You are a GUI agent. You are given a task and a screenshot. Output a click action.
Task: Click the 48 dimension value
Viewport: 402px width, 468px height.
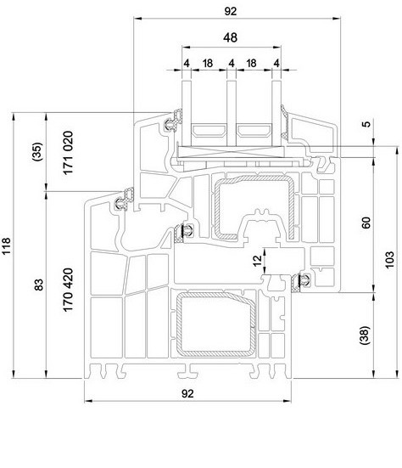230,37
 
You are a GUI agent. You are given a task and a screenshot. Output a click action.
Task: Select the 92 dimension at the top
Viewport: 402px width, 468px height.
231,11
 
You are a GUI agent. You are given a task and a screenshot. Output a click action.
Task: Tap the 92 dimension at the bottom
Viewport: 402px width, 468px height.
187,394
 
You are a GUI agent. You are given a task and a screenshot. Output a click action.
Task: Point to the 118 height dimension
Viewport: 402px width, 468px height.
6,245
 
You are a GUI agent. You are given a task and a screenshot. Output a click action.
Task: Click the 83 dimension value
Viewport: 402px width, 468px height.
39,285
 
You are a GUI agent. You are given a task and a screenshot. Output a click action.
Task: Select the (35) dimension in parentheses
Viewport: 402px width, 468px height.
37,152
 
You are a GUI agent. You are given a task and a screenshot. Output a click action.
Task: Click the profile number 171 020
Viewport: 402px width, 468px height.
68,153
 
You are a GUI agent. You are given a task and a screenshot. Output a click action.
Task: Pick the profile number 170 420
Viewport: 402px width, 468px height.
68,290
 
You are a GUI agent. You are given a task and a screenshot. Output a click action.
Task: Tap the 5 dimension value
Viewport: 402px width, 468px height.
367,123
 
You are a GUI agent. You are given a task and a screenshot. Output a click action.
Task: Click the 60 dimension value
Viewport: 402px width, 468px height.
366,223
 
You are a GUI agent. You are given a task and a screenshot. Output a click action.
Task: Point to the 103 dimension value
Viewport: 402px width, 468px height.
389,260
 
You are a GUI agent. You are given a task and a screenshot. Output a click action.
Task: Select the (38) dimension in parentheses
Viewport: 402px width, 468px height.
365,335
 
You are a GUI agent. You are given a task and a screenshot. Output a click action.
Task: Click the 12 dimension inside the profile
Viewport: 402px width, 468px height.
257,260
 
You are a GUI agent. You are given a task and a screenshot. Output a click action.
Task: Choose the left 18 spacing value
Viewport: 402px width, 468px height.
208,63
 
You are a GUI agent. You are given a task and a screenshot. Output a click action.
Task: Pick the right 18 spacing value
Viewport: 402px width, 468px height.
251,63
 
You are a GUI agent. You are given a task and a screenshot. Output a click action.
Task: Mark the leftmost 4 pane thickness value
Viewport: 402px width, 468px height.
187,63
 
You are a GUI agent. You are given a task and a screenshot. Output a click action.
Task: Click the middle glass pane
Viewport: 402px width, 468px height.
232,114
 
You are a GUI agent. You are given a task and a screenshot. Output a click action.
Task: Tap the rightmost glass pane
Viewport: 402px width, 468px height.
276,114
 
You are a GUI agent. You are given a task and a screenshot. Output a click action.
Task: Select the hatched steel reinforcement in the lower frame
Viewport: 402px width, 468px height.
216,324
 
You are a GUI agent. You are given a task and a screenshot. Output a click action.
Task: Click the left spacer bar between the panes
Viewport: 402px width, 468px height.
209,131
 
